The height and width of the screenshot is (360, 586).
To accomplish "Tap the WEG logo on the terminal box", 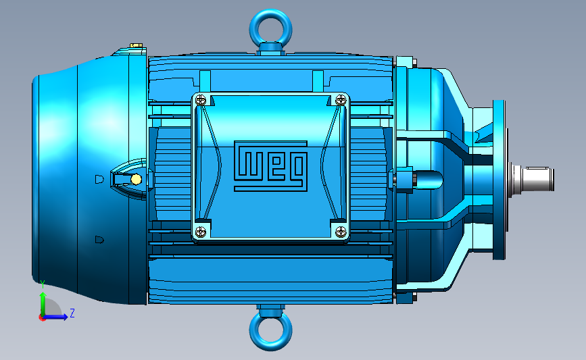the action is click(270, 166).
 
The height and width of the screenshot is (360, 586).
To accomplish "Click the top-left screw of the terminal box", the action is click(201, 100).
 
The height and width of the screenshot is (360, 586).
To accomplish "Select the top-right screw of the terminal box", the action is click(341, 100).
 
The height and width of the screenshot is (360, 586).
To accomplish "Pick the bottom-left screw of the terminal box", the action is click(201, 232).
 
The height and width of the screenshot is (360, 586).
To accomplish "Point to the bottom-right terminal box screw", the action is click(341, 232).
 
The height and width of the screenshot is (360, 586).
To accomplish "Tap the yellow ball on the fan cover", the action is click(136, 180).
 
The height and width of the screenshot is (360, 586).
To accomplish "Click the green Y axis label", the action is click(43, 284).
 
